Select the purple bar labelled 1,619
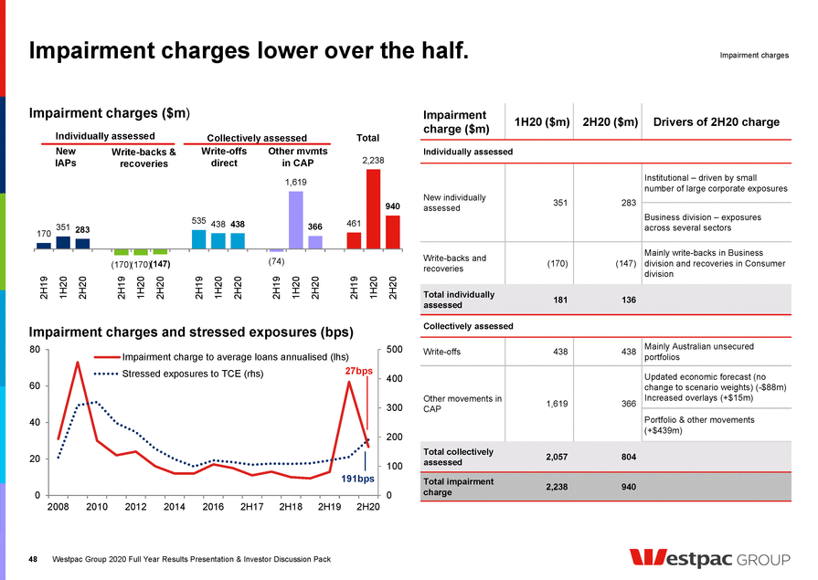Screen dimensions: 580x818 pos(296,220)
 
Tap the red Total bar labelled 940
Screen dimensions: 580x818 pos(392,232)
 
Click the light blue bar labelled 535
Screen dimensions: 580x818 pos(198,239)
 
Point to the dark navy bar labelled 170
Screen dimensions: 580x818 pos(43,245)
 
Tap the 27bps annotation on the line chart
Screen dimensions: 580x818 pos(359,372)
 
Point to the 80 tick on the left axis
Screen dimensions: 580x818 pos(33,350)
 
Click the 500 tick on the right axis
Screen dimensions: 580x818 pos(395,350)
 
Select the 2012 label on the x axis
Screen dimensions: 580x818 pos(135,507)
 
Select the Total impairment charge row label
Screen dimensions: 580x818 pos(459,487)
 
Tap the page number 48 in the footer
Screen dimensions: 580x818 pos(34,559)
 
